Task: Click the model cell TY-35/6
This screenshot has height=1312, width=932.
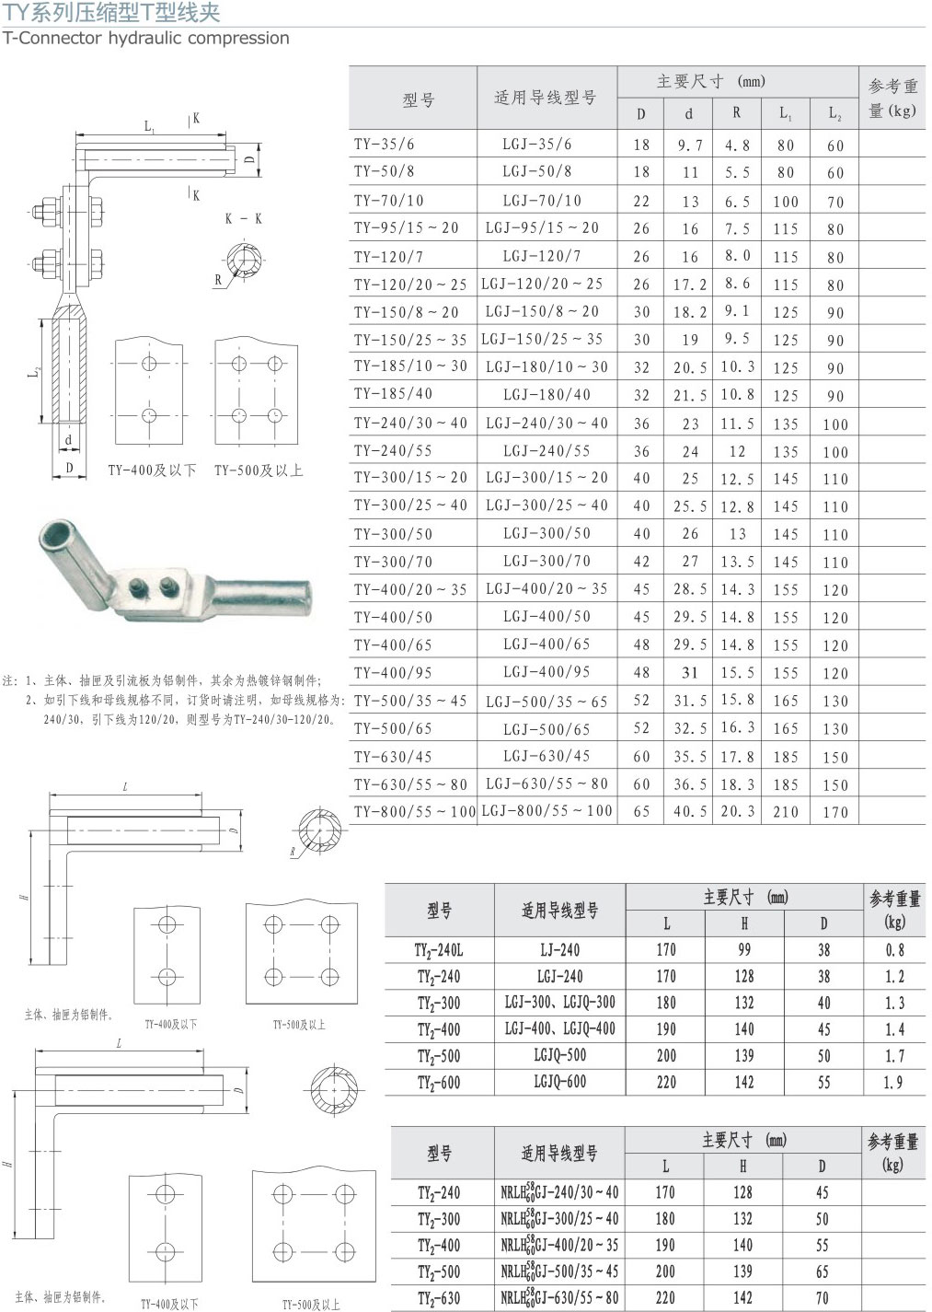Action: point(383,144)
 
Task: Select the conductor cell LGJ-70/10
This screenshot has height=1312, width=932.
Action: point(542,201)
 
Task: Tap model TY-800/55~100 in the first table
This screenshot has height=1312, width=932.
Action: point(415,812)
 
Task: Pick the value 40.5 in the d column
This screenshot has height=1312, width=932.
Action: point(690,812)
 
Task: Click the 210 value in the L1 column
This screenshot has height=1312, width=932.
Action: point(785,812)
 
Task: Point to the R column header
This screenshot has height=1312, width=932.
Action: point(736,112)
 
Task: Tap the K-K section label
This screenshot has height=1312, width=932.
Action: point(244,219)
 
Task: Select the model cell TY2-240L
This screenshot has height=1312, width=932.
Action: point(439,950)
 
